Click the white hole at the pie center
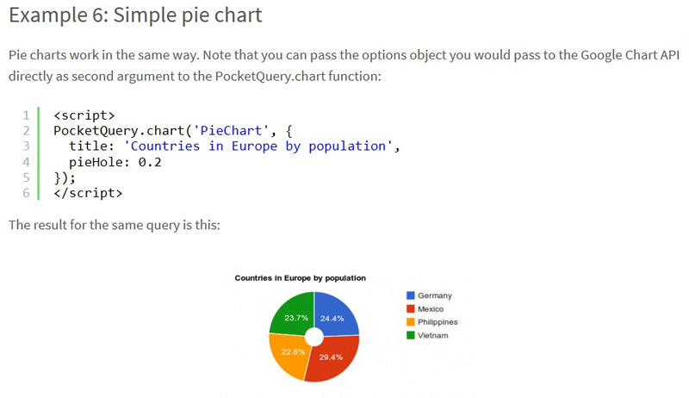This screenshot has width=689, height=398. (x=314, y=337)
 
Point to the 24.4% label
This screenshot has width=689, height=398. (x=332, y=319)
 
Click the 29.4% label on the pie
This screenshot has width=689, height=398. (x=331, y=358)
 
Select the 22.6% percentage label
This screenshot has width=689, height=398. (x=293, y=351)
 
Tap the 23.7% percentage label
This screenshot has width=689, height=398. (x=296, y=318)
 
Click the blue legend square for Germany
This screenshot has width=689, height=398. (x=411, y=295)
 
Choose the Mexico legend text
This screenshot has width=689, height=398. (x=431, y=309)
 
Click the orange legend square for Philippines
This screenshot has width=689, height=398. (x=411, y=322)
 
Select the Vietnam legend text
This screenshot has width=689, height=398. (x=433, y=336)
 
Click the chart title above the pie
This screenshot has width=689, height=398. (x=300, y=278)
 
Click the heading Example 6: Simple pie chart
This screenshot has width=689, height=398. (x=135, y=15)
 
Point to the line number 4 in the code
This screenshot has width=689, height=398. (x=27, y=162)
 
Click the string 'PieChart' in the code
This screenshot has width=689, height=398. (x=231, y=130)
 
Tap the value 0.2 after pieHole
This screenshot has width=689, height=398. (x=150, y=162)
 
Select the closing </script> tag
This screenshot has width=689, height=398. (x=88, y=193)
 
